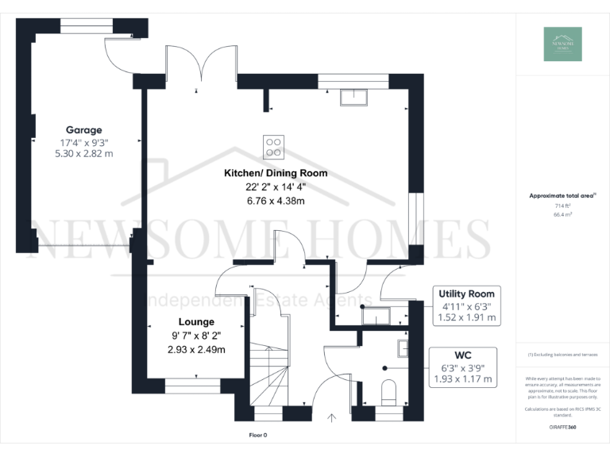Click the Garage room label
(x=83, y=129)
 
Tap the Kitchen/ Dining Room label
(x=276, y=173)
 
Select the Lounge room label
(x=196, y=322)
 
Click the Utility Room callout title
(x=467, y=293)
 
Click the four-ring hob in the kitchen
(x=273, y=146)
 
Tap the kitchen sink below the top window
(x=353, y=97)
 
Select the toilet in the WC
(x=389, y=393)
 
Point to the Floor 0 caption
(x=259, y=436)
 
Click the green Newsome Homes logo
(x=562, y=44)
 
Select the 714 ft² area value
(x=562, y=205)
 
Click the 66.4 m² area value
(x=562, y=213)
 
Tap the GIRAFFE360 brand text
(x=562, y=427)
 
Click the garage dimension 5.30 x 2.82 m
(x=83, y=153)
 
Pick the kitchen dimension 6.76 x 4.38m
(x=276, y=201)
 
